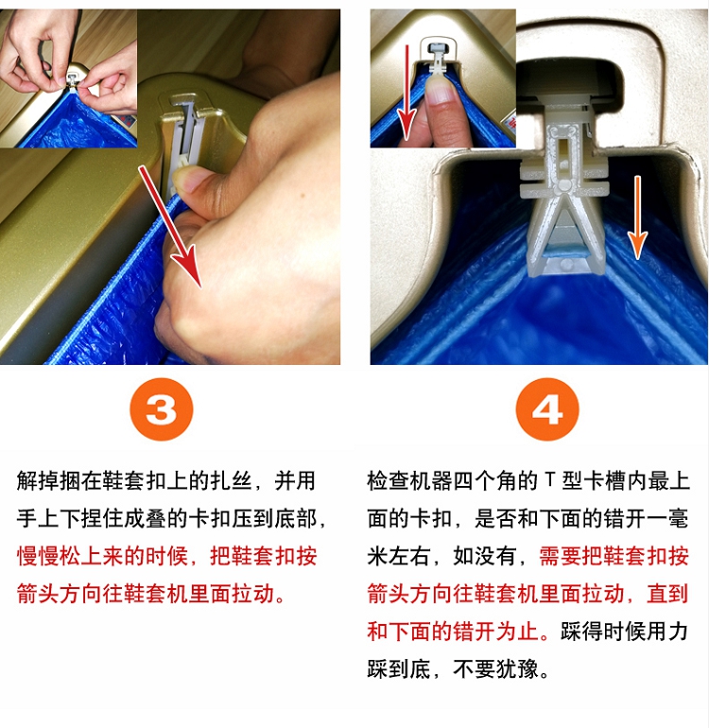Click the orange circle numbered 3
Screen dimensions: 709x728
point(161,409)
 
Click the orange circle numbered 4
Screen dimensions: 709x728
point(547,409)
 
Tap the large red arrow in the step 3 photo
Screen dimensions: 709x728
point(170,227)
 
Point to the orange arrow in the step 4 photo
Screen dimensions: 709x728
point(637,217)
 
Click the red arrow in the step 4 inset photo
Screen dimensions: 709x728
point(407,92)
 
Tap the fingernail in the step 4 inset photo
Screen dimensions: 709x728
point(438,88)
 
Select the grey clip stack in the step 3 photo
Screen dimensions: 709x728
point(184,139)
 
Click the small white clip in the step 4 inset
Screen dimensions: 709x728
point(438,57)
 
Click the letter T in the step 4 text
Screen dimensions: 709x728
point(550,479)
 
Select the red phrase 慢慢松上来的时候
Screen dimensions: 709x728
point(102,556)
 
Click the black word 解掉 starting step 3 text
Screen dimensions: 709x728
point(38,480)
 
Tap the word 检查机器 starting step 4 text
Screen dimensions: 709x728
point(409,480)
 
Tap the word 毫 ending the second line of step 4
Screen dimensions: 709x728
point(678,518)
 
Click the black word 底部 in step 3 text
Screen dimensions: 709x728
point(295,518)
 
